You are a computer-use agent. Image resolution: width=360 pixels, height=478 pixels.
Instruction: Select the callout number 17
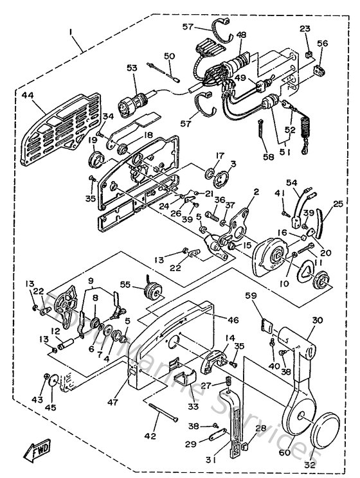tap(202, 155)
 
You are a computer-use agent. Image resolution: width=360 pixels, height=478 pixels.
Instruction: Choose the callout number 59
tap(250, 296)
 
